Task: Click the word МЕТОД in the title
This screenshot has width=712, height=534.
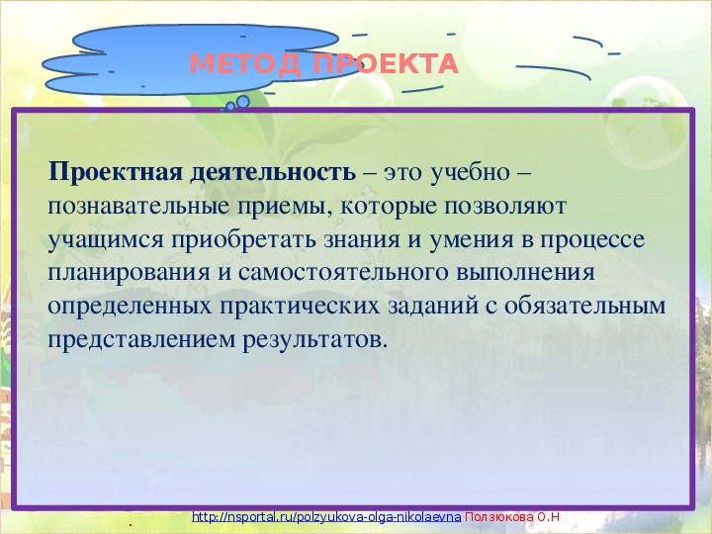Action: pos(245,63)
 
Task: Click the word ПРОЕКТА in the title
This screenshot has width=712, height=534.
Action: pos(386,63)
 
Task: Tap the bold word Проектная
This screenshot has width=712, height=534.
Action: pos(116,172)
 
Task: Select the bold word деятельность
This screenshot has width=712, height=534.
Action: pos(273,172)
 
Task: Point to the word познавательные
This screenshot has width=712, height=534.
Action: pos(138,207)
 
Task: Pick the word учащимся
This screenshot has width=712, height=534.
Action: pos(106,240)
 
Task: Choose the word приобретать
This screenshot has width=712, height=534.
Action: pos(243,240)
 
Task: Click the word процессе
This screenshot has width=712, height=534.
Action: pos(591,240)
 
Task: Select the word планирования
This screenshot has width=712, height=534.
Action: pos(129,273)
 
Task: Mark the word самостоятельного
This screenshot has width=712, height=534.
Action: pos(343,273)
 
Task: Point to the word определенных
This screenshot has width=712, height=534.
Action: pos(130,307)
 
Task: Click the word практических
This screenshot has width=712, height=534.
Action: pos(300,307)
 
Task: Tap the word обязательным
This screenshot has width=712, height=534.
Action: pos(584,306)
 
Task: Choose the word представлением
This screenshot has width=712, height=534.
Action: pos(141,340)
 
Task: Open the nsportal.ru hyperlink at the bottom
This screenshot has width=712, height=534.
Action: pos(326,517)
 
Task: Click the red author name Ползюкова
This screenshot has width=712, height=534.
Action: pos(499,517)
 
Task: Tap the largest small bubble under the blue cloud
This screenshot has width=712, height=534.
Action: pos(243,102)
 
